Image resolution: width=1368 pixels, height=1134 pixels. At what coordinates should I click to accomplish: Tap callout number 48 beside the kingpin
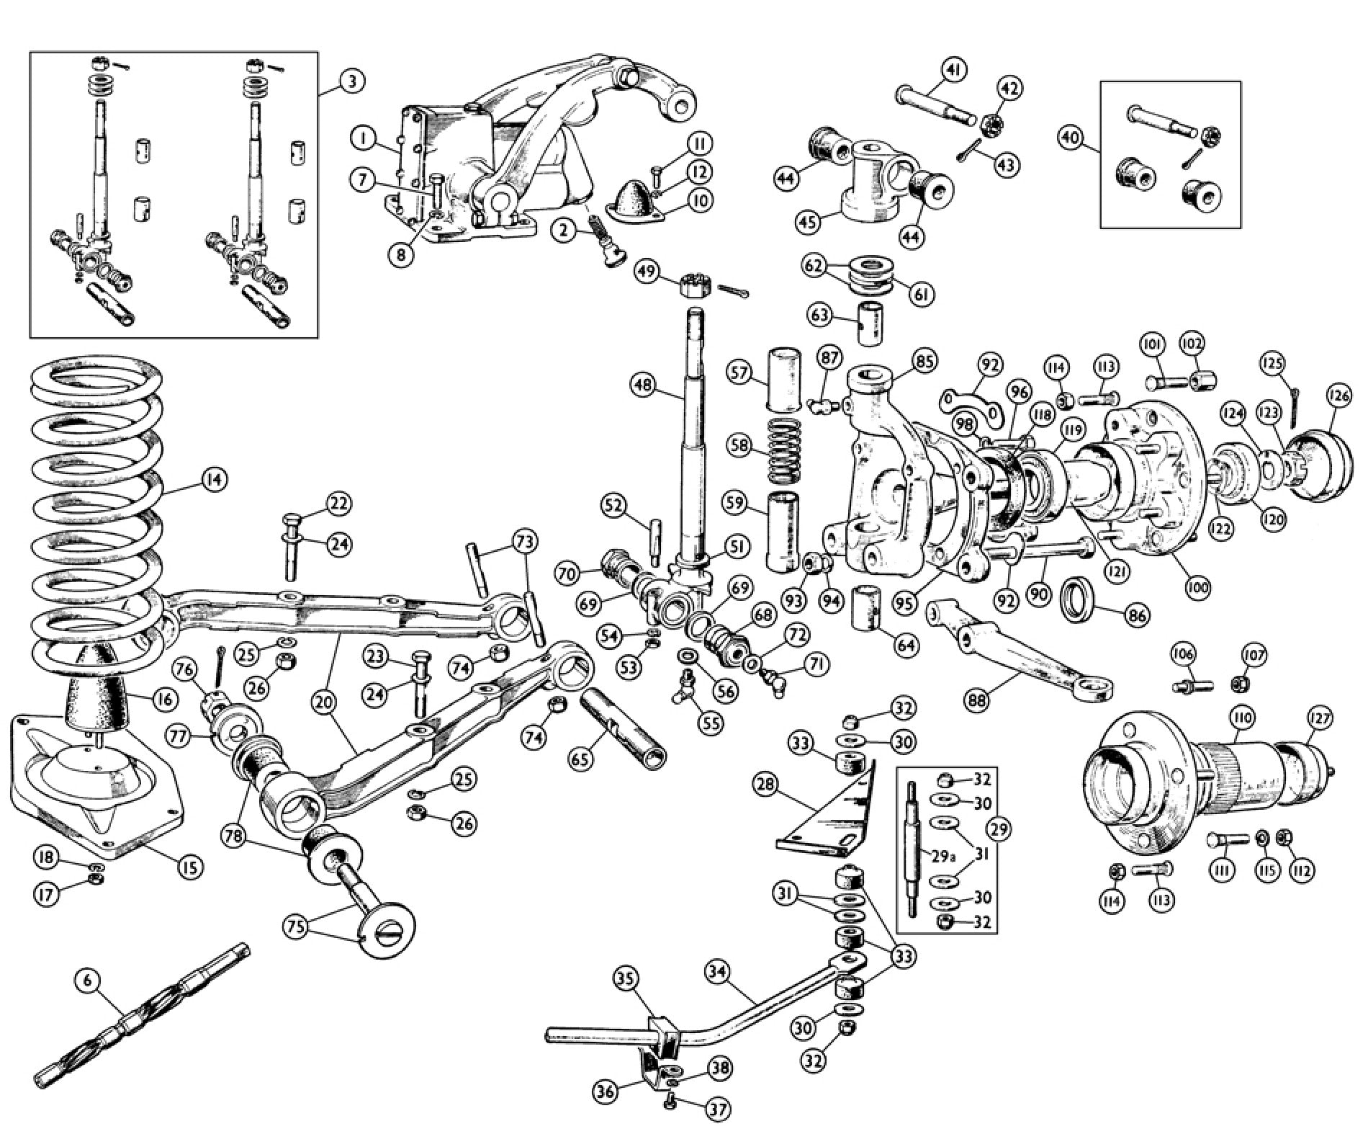(644, 385)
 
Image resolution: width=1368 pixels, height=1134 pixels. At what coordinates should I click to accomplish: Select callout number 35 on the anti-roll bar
(627, 979)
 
